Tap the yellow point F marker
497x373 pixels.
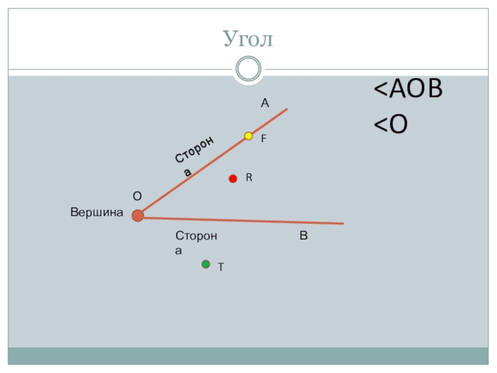(x=248, y=136)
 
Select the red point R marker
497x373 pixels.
(x=233, y=179)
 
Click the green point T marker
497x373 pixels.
(x=206, y=264)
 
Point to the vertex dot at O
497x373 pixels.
(x=138, y=216)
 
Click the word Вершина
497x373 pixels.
(x=97, y=213)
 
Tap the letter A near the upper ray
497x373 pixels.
(x=265, y=103)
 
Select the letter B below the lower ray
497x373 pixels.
(x=304, y=236)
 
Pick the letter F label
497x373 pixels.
(x=263, y=140)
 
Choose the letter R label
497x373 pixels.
(x=248, y=178)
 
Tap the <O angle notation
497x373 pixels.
(x=390, y=125)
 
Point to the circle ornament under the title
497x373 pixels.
(x=248, y=68)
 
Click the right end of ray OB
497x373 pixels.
(x=342, y=223)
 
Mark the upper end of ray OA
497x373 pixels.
(x=286, y=110)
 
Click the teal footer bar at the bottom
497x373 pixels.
(x=248, y=356)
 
